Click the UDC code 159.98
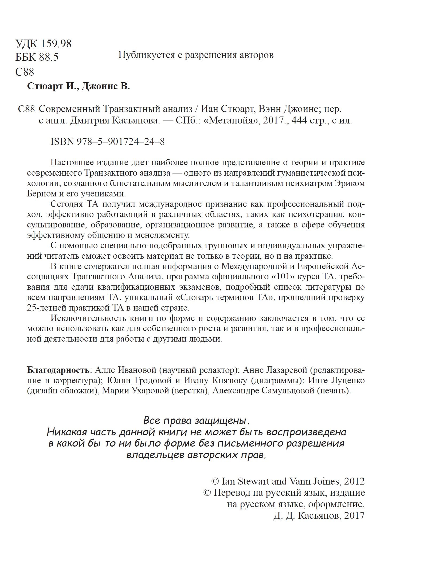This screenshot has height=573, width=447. click(55, 44)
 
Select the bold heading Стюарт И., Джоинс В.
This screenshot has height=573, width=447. click(79, 87)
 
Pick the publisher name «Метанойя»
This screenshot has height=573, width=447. click(231, 121)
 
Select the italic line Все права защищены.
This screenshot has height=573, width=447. click(197, 421)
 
